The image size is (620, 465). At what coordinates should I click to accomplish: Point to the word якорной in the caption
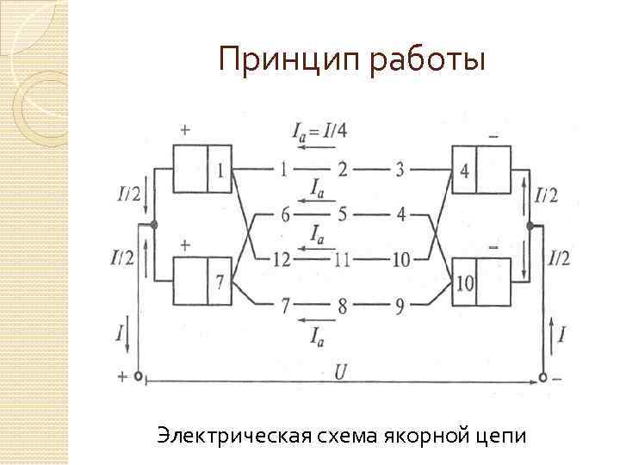click(x=421, y=437)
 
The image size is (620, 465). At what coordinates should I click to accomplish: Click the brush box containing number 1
click(x=203, y=169)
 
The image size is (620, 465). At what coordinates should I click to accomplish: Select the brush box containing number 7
click(x=203, y=282)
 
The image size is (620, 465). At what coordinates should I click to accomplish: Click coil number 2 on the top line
click(x=342, y=170)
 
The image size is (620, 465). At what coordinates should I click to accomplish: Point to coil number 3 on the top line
click(x=399, y=170)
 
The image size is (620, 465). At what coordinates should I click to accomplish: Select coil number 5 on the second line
click(x=342, y=214)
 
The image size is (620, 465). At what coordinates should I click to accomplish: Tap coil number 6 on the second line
click(x=285, y=214)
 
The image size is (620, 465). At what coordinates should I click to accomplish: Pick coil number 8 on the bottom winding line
click(x=342, y=304)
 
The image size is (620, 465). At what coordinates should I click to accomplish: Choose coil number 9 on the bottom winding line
click(x=399, y=304)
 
